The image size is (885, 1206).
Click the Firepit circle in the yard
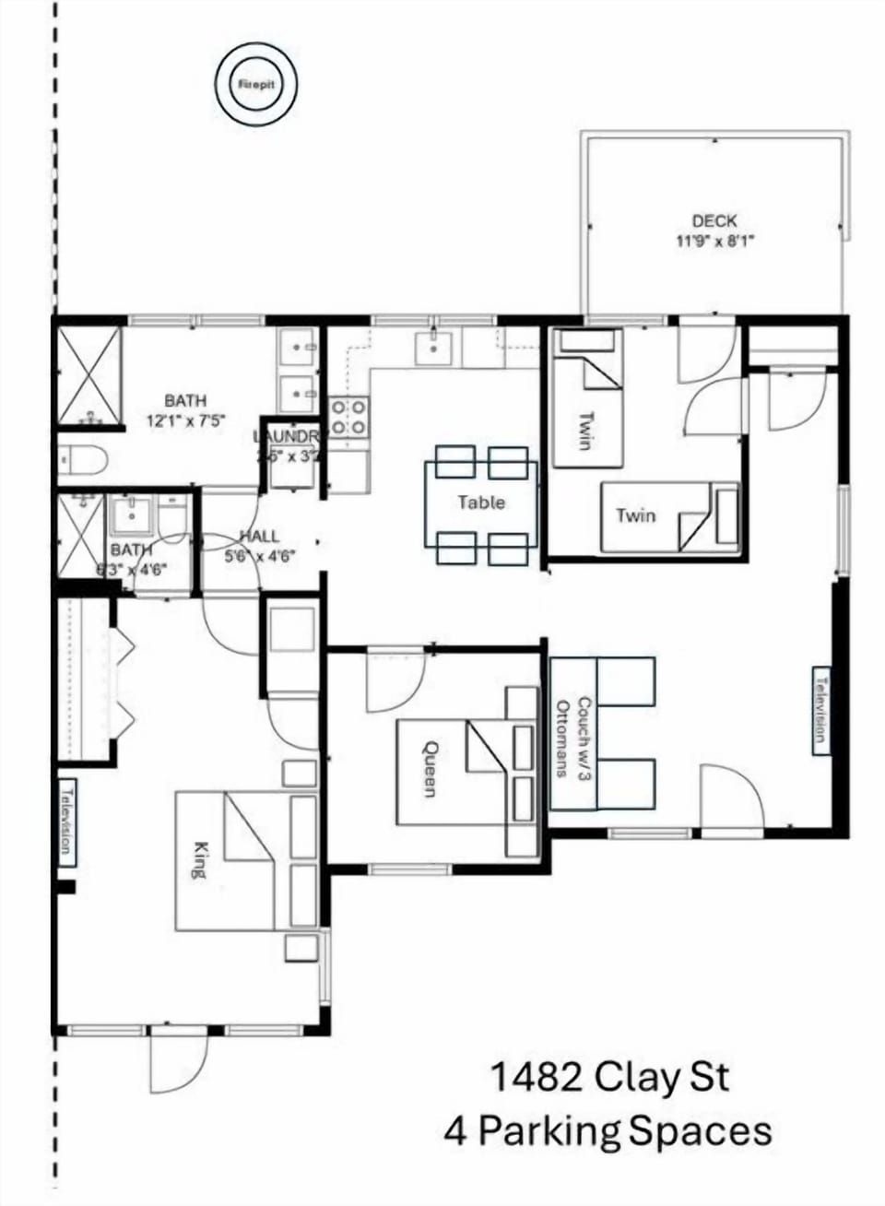tap(256, 84)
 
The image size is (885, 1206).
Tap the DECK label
tap(714, 221)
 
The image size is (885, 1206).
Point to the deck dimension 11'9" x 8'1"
tap(714, 242)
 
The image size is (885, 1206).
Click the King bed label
tap(198, 858)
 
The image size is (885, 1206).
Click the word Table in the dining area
tap(480, 502)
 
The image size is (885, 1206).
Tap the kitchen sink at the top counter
tap(432, 348)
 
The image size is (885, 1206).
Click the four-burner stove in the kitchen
tap(349, 416)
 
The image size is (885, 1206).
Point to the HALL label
tap(259, 536)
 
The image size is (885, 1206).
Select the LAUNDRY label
tap(288, 437)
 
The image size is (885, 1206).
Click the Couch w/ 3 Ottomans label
tap(573, 737)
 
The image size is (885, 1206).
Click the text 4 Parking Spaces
tap(608, 1130)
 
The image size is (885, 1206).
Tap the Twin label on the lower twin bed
tap(636, 514)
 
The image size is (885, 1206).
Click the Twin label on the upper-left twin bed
tap(584, 430)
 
